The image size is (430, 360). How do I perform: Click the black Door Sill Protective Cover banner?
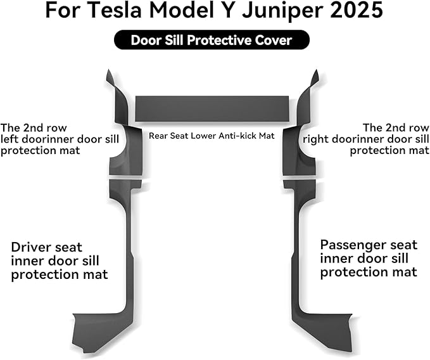(212, 40)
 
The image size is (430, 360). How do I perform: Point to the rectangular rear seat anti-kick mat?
(212, 108)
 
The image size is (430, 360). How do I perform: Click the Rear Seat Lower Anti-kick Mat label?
(212, 136)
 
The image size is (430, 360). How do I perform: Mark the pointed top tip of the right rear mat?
(317, 70)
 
